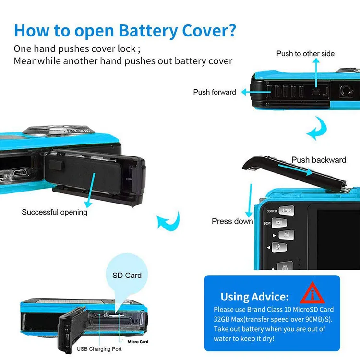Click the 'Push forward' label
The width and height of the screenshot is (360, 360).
pyautogui.click(x=215, y=92)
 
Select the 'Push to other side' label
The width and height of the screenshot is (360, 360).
pyautogui.click(x=305, y=53)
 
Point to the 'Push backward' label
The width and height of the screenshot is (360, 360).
pyautogui.click(x=319, y=160)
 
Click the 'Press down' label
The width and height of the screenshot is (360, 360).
pyautogui.click(x=232, y=221)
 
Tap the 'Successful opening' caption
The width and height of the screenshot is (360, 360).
pyautogui.click(x=54, y=212)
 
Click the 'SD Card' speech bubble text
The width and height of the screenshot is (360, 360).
pyautogui.click(x=127, y=276)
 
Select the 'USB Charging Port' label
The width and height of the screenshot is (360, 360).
pyautogui.click(x=99, y=349)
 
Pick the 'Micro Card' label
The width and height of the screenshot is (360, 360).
pyautogui.click(x=138, y=341)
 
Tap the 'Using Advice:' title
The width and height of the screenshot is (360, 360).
pyautogui.click(x=254, y=296)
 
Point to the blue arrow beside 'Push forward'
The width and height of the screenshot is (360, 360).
pyautogui.click(x=250, y=91)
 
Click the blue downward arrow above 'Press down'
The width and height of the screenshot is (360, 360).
pyautogui.click(x=250, y=199)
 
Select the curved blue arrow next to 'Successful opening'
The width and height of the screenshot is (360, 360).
pyautogui.click(x=168, y=222)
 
